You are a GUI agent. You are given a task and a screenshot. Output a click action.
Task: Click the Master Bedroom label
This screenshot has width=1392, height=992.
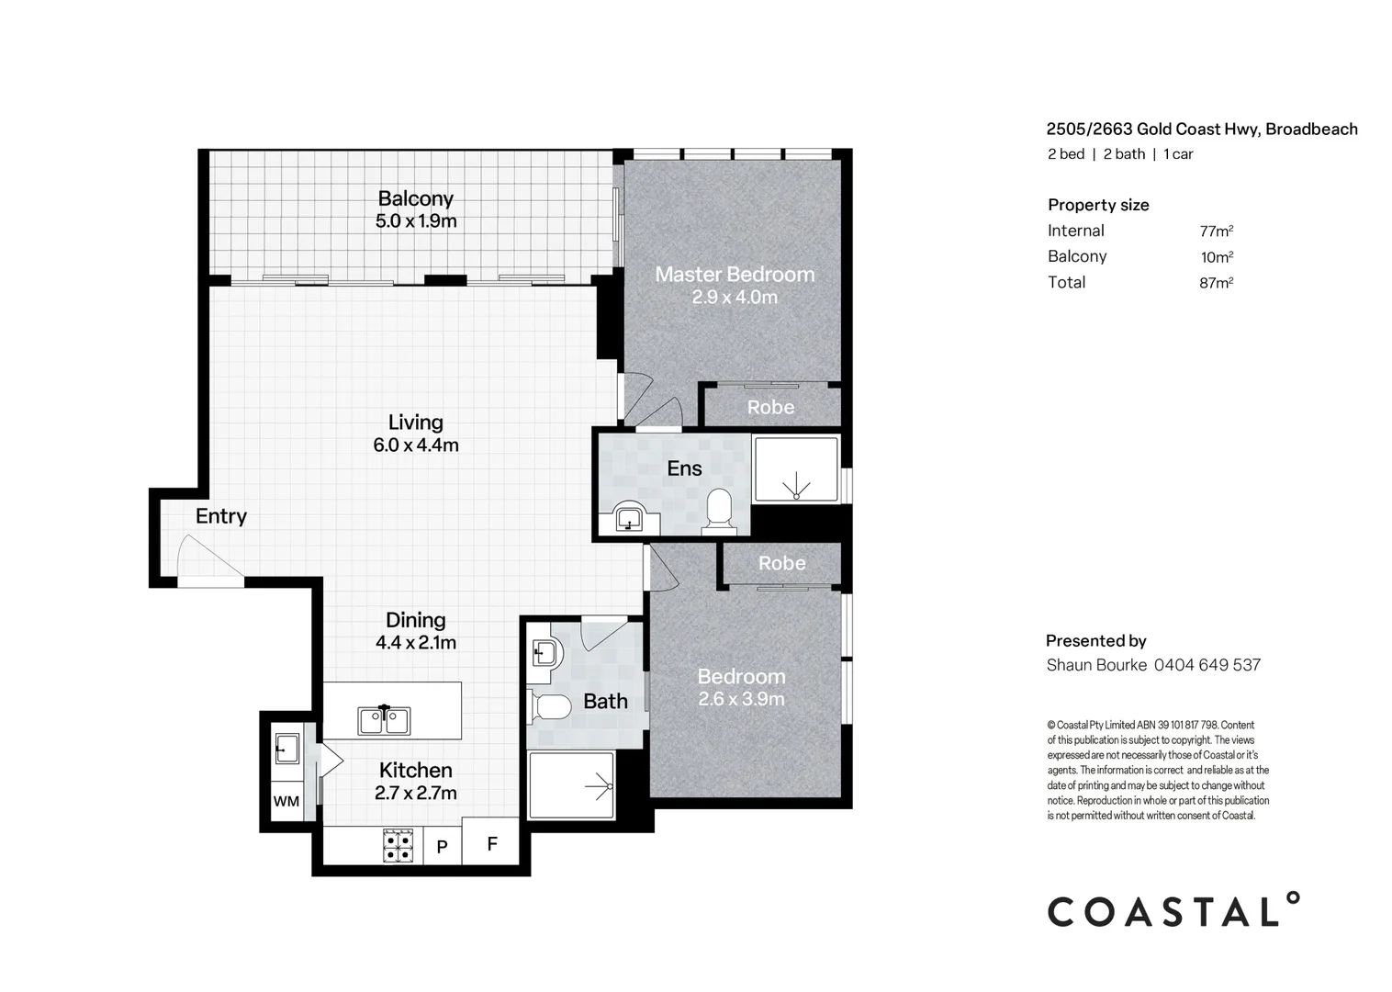pyautogui.click(x=734, y=274)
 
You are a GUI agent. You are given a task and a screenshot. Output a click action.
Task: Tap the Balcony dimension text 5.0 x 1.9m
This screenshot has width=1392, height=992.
pyautogui.click(x=416, y=221)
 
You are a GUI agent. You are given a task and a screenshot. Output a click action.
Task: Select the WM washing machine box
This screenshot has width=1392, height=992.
pyautogui.click(x=286, y=801)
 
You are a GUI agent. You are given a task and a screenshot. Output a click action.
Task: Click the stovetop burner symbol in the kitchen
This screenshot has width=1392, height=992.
pyautogui.click(x=398, y=845)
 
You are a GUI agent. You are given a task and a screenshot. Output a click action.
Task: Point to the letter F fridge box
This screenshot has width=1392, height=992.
pyautogui.click(x=491, y=843)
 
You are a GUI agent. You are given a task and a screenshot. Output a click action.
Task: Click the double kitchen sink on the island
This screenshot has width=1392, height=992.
pyautogui.click(x=385, y=720)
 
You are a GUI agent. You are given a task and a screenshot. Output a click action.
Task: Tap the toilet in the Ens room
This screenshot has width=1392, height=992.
pyautogui.click(x=719, y=512)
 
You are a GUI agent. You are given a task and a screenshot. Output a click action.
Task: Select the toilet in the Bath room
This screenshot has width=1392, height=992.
pyautogui.click(x=551, y=707)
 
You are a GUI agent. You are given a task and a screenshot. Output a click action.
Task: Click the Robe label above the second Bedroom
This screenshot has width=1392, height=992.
pyautogui.click(x=781, y=563)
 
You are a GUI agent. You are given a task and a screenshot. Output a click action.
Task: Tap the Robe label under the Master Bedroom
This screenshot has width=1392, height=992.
pyautogui.click(x=770, y=407)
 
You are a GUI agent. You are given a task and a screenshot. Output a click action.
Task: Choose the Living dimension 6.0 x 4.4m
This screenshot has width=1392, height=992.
pyautogui.click(x=415, y=445)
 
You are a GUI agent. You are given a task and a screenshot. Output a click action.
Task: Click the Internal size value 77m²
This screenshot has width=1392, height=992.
pyautogui.click(x=1216, y=231)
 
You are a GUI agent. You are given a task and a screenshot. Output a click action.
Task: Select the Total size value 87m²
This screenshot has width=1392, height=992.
pyautogui.click(x=1216, y=283)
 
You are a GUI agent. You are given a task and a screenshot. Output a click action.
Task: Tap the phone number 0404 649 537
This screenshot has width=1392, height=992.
pyautogui.click(x=1207, y=665)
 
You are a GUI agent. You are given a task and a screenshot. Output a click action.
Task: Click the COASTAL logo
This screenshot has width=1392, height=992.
pyautogui.click(x=1173, y=911)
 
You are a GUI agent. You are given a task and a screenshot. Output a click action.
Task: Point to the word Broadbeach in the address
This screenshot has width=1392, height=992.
pyautogui.click(x=1311, y=130)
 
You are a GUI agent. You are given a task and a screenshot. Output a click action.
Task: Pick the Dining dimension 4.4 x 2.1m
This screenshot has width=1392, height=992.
pyautogui.click(x=415, y=643)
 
